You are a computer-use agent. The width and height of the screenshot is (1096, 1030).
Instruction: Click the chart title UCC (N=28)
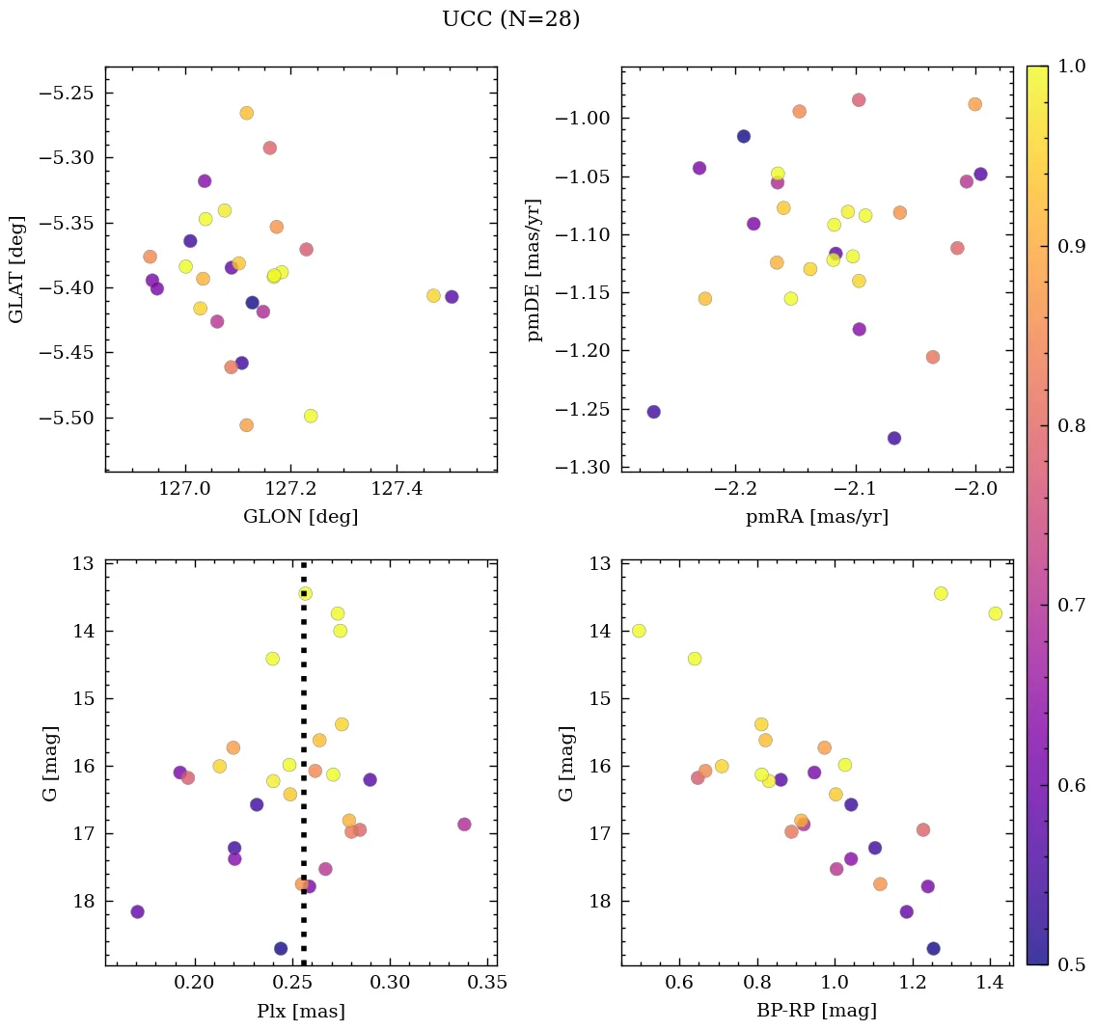pyautogui.click(x=510, y=19)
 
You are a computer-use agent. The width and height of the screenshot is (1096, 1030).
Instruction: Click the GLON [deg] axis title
pyautogui.click(x=300, y=517)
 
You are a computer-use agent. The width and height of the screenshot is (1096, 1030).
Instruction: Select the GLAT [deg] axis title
pyautogui.click(x=16, y=268)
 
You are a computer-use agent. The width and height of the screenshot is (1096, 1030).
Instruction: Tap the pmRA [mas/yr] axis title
pyautogui.click(x=816, y=517)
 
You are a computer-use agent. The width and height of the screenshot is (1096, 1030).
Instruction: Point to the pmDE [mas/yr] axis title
pyautogui.click(x=534, y=269)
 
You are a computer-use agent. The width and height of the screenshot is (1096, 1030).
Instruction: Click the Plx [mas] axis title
pyautogui.click(x=300, y=1011)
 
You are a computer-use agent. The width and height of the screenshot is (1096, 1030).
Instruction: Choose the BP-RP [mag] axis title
pyautogui.click(x=816, y=1011)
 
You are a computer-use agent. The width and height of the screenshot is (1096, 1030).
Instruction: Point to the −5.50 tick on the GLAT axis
pyautogui.click(x=65, y=419)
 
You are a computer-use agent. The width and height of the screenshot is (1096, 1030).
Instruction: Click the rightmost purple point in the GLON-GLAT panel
pyautogui.click(x=452, y=297)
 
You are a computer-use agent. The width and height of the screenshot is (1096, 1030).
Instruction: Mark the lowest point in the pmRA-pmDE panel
pyautogui.click(x=894, y=438)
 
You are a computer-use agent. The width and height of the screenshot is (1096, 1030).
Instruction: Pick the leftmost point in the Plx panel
pyautogui.click(x=137, y=911)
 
